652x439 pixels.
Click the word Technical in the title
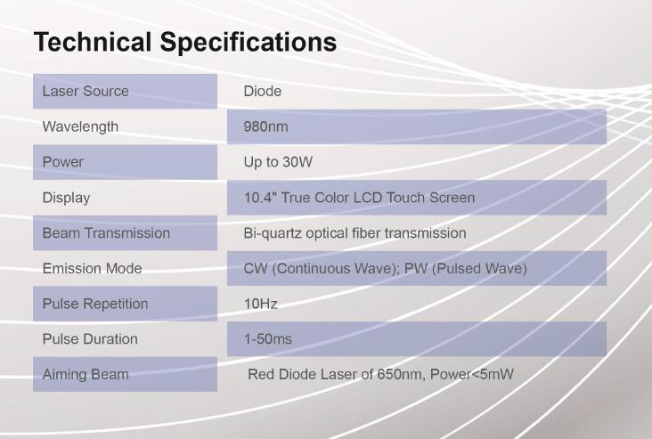pos(93,42)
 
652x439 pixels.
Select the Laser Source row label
pos(86,91)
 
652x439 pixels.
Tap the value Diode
pos(263,91)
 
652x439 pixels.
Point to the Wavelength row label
pos(80,126)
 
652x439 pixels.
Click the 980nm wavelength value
pos(265,126)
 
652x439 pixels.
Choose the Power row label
pos(62,162)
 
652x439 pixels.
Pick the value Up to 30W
pos(278,162)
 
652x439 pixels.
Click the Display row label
pos(66,198)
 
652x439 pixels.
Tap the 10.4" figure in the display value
pos(260,198)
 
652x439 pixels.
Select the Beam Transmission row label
pos(106,232)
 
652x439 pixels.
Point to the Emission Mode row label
pos(92,268)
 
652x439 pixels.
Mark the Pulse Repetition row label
pos(95,304)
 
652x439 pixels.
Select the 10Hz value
pos(261,304)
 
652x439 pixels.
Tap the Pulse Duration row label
pos(90,338)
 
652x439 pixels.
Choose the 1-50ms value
pos(268,338)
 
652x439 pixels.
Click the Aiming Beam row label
pos(86,375)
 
